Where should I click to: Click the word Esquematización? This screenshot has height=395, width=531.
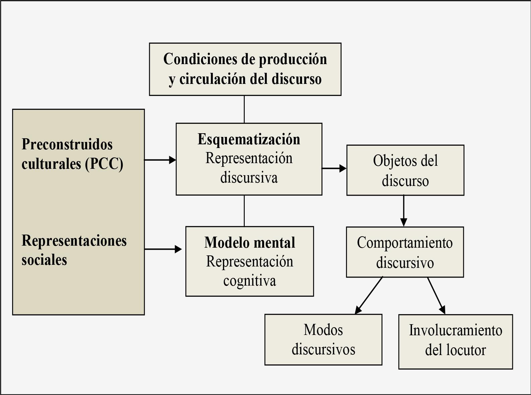[249, 139]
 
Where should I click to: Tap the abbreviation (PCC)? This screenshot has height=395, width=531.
[104, 164]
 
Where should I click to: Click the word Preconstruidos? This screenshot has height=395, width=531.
[67, 144]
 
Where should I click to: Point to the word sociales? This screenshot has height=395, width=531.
[44, 260]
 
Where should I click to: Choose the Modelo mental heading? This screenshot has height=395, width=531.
[250, 243]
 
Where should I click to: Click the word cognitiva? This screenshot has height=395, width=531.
[250, 281]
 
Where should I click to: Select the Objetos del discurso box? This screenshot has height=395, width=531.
[405, 170]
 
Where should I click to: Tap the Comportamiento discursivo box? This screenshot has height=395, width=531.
[405, 252]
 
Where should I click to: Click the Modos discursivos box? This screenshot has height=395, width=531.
[323, 339]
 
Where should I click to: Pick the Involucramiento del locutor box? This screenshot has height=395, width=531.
[455, 341]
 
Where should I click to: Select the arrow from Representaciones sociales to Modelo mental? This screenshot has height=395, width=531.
[163, 249]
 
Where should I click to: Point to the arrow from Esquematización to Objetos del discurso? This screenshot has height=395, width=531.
[334, 168]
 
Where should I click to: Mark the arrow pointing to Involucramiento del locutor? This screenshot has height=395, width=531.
[436, 295]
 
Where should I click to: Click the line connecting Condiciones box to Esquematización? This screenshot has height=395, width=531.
[244, 109]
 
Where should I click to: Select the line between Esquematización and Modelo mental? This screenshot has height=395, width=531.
[244, 210]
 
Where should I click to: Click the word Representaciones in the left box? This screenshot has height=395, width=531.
[74, 241]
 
